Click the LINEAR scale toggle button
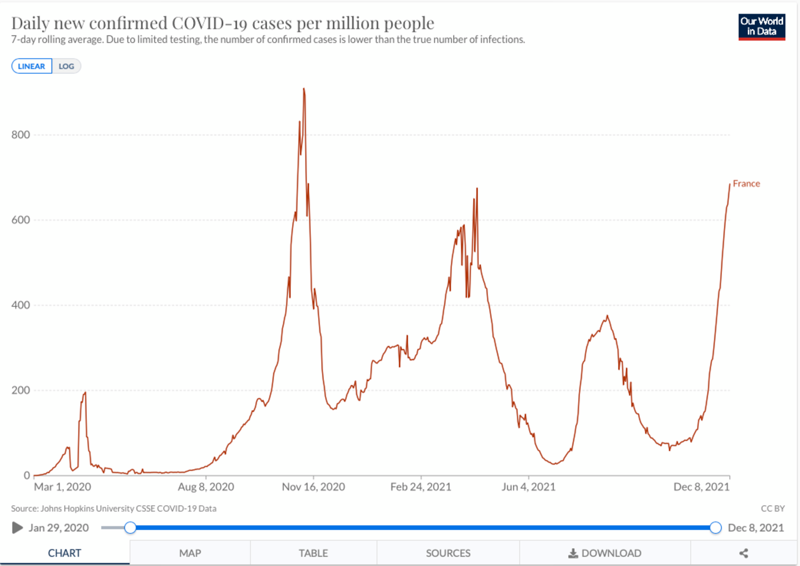pos(32,66)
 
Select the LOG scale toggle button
pos(66,66)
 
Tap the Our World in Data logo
pos(761,27)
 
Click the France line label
pos(746,184)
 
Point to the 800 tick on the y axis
pos(20,135)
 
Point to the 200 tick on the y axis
pos(20,390)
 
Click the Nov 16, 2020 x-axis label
pos(313,487)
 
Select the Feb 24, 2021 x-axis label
pos(421,487)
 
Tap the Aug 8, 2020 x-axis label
pos(206,487)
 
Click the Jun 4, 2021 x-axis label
pos(528,487)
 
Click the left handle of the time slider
pos(130,527)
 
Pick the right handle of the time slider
pos(715,527)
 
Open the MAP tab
pos(190,553)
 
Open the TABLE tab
pos(313,553)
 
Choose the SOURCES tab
pos(448,553)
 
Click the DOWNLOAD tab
pos(605,553)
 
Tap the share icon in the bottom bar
pos(744,553)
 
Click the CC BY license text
pos(773,508)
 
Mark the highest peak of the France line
pos(304,89)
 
